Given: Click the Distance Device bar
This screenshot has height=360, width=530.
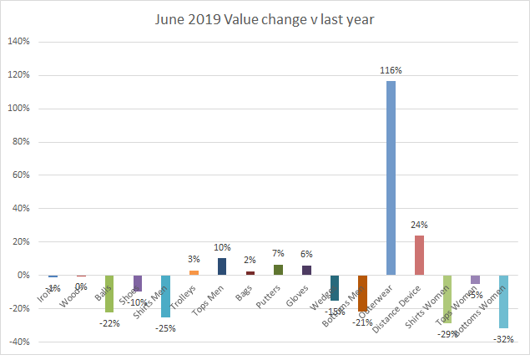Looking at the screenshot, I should [419, 255].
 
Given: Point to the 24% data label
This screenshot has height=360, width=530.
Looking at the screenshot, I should [419, 225].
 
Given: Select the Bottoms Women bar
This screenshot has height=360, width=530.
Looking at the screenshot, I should [503, 302].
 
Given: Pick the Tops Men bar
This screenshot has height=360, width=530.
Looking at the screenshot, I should [222, 266].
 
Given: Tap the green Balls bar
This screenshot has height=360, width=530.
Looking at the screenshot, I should [109, 293].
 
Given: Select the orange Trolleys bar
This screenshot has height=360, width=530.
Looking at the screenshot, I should [194, 272].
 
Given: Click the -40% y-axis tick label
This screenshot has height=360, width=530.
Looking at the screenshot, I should [18, 342].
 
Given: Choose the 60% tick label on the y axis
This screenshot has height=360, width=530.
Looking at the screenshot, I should [20, 175].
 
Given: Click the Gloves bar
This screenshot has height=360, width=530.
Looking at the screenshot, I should [306, 270].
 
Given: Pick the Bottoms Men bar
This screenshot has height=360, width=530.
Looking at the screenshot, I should [362, 293].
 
